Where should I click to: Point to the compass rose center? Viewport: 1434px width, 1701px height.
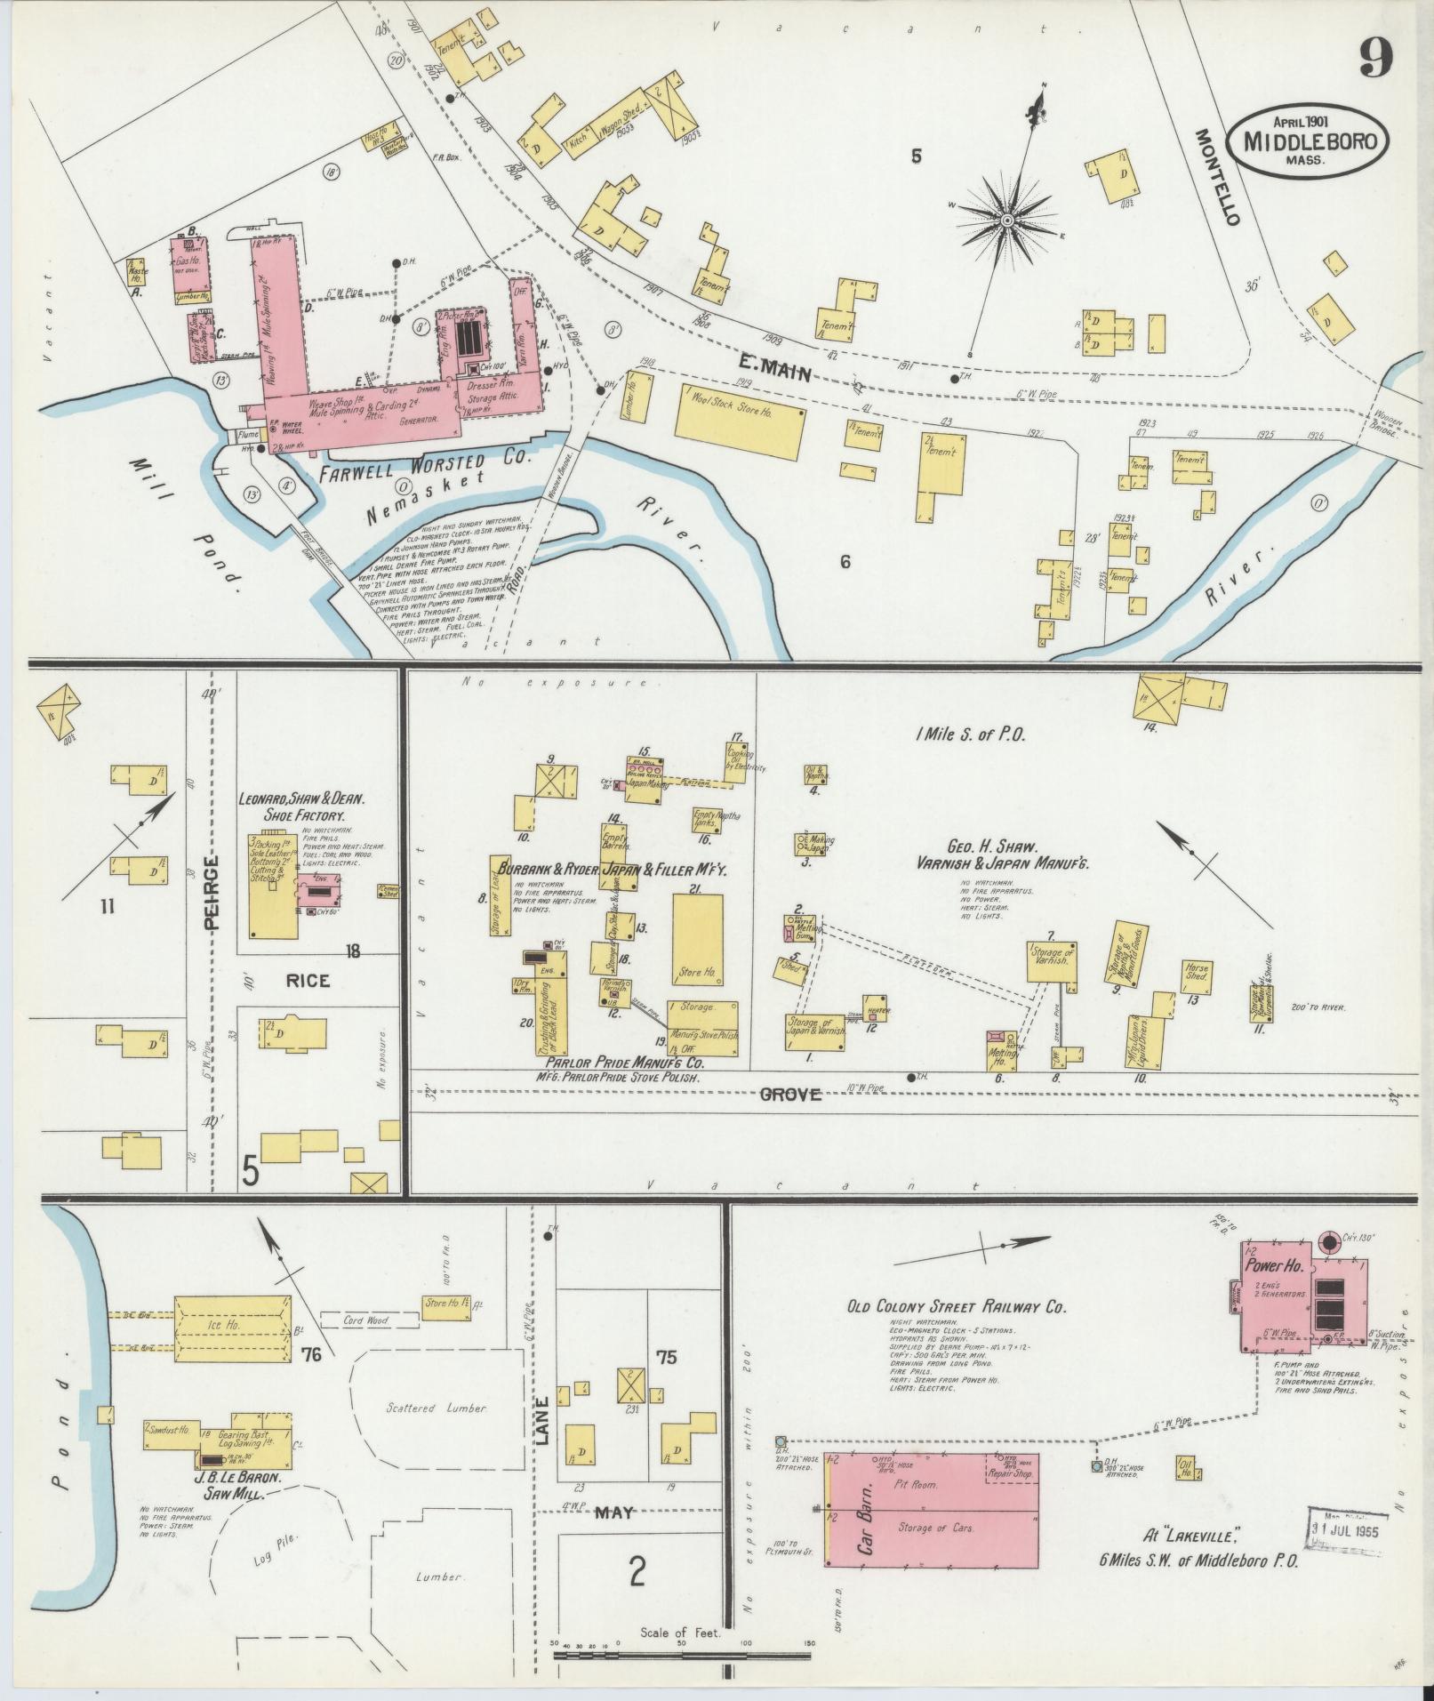(x=1008, y=220)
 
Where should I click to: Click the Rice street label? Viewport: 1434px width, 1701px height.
(x=308, y=980)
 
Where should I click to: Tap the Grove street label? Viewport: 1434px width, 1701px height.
(x=790, y=1095)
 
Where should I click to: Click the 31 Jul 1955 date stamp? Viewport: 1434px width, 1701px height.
(x=1347, y=1526)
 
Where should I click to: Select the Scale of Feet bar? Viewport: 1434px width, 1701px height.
(x=681, y=1657)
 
